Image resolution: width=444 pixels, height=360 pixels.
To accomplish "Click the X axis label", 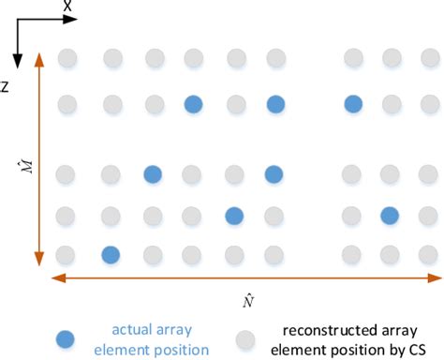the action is tap(68, 7).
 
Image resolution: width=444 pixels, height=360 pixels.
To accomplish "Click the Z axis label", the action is tap(6, 86).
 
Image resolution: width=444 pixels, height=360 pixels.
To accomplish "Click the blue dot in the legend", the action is tap(65, 337).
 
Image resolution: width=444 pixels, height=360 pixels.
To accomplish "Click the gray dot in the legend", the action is tap(247, 337).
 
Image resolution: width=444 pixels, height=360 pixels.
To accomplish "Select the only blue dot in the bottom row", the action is tap(110, 254).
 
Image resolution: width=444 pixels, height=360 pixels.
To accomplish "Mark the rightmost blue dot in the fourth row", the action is tap(391, 216).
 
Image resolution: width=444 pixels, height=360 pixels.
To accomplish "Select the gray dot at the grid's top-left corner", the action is tap(67, 59).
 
